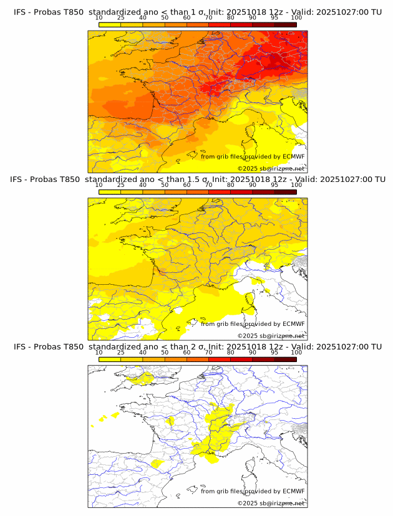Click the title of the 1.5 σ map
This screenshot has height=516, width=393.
[x=197, y=179]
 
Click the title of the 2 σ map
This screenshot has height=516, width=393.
[x=197, y=346]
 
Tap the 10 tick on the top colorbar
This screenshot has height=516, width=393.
[x=99, y=19]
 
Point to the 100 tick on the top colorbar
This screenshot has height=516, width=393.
[x=296, y=19]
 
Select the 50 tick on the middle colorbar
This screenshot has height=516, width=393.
[x=165, y=186]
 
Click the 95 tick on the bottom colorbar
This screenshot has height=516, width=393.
[x=274, y=353]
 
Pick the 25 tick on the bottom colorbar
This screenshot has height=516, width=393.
[x=121, y=353]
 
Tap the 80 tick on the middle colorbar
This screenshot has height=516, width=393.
[x=231, y=186]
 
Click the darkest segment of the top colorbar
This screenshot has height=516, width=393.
[x=285, y=24]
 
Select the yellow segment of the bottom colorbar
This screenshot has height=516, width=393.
[x=110, y=359]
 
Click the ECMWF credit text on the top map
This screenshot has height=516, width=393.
[x=253, y=156]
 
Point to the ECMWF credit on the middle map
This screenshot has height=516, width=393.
[x=253, y=323]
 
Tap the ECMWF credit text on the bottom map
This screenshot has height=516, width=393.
[x=253, y=491]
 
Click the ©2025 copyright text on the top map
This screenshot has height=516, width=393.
[x=271, y=168]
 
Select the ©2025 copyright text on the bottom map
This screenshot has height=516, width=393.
[x=271, y=503]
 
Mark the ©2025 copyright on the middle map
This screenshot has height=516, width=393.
[x=271, y=335]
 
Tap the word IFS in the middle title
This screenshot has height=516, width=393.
[x=20, y=179]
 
